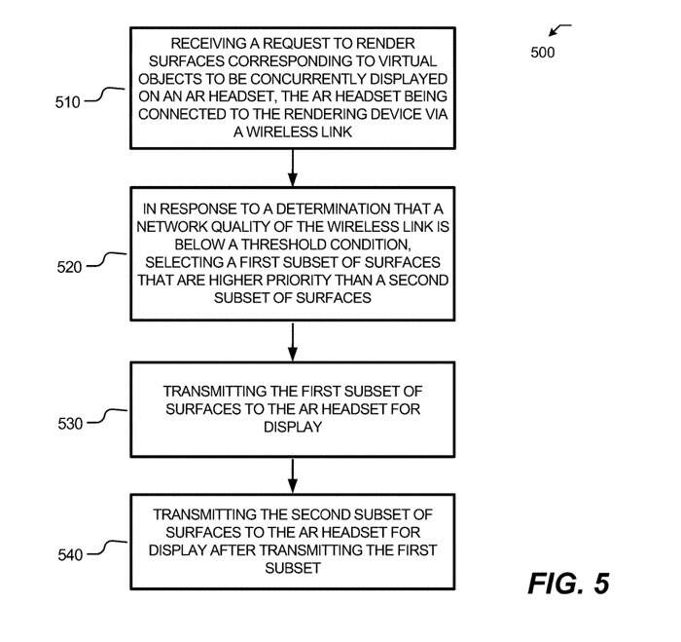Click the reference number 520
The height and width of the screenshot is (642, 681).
69,264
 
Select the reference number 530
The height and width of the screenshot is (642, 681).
69,424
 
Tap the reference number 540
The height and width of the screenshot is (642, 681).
69,554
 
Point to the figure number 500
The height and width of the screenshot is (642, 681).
543,53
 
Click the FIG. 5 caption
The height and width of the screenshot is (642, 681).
568,584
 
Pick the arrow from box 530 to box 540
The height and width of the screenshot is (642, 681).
292,475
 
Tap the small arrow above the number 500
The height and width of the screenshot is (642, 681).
560,29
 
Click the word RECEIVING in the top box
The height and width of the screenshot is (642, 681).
219,45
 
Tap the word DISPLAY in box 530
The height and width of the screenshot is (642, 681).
293,427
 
